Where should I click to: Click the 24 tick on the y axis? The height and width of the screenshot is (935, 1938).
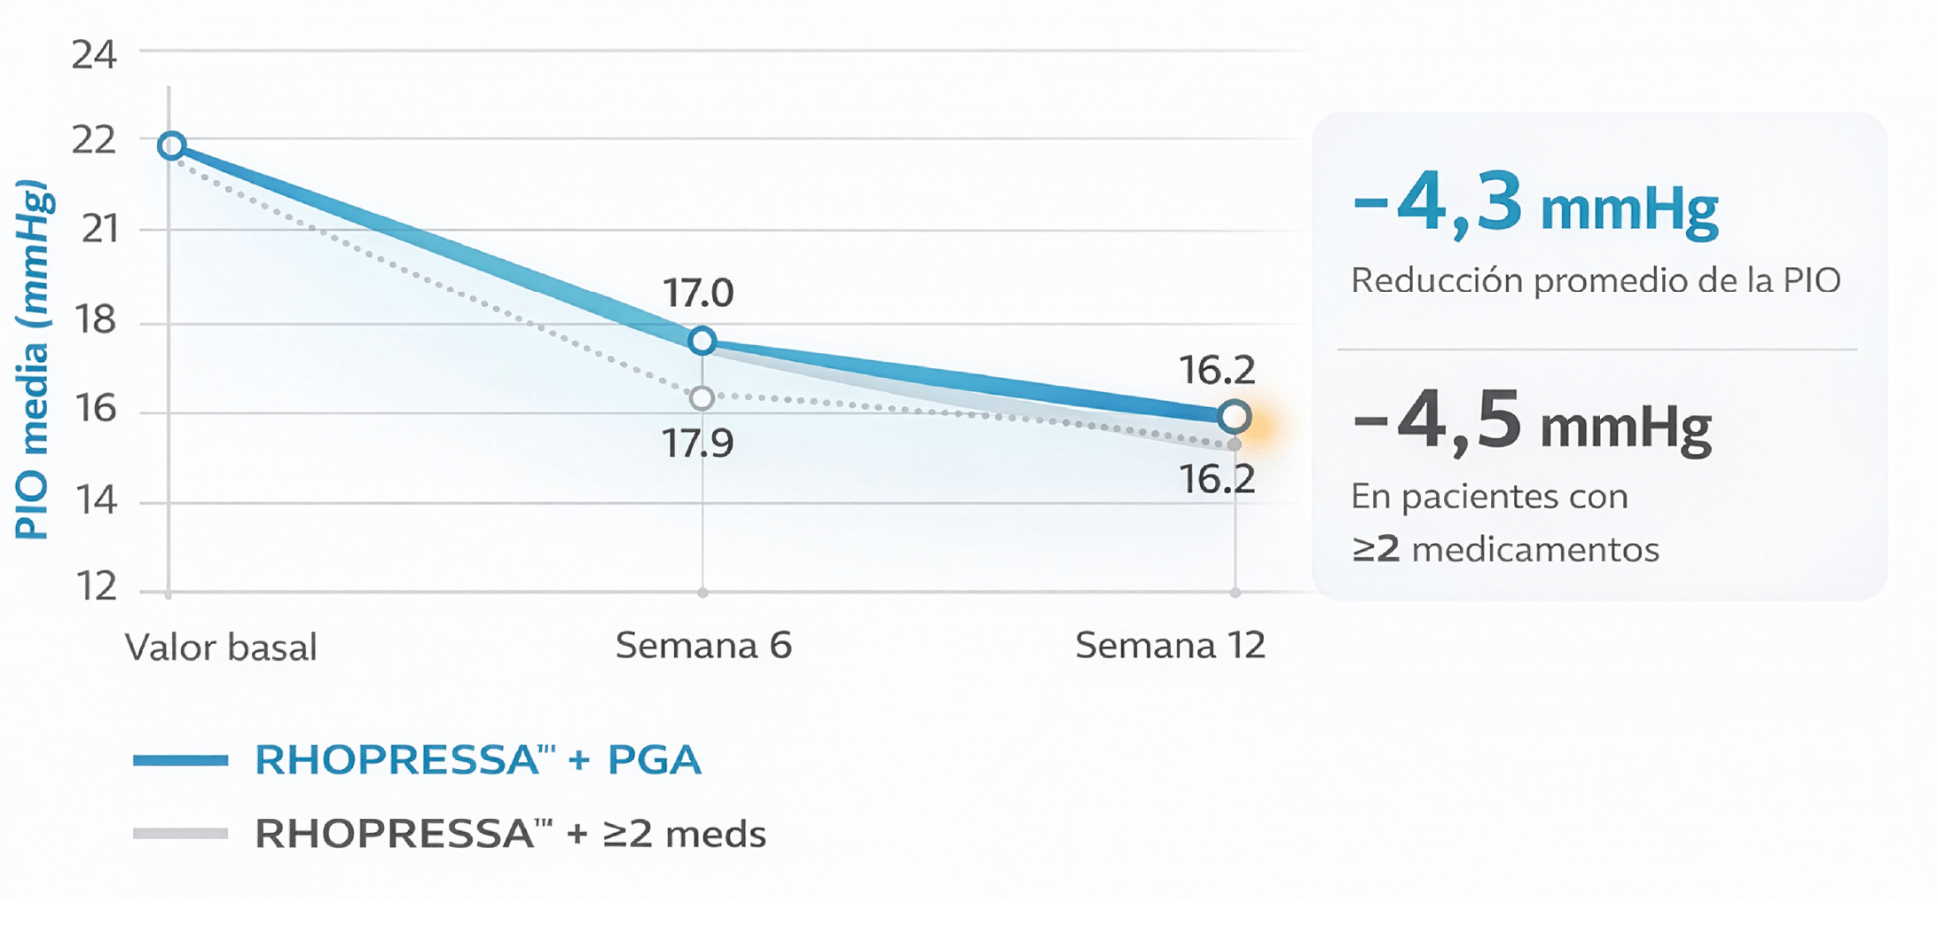94,55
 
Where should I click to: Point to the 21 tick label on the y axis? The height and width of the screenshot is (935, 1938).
99,229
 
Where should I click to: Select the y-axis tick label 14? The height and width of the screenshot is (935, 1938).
96,500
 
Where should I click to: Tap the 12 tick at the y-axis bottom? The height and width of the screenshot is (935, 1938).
96,586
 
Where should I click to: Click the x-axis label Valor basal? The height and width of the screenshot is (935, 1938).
221,647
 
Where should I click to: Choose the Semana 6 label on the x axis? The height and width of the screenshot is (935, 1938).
703,645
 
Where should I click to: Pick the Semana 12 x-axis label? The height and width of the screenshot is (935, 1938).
1170,645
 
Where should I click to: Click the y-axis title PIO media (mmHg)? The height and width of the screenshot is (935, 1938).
33,359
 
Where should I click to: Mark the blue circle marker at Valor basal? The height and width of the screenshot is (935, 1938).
172,145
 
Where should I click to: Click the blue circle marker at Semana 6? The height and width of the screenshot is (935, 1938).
702,341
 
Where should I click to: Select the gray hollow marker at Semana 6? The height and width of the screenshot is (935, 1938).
702,398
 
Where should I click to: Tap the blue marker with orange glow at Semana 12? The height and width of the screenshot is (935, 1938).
1235,416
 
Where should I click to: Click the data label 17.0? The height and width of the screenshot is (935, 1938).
698,293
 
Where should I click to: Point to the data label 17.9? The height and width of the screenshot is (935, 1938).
698,443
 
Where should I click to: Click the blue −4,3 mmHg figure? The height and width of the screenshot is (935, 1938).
1535,205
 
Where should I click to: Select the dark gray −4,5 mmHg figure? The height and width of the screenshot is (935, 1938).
1532,422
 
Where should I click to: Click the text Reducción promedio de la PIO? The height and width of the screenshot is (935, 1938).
1595,280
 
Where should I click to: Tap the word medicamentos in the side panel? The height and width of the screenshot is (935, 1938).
1535,549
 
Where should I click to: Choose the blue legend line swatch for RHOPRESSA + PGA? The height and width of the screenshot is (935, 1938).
181,760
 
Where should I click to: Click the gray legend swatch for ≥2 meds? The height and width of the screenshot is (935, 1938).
181,833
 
